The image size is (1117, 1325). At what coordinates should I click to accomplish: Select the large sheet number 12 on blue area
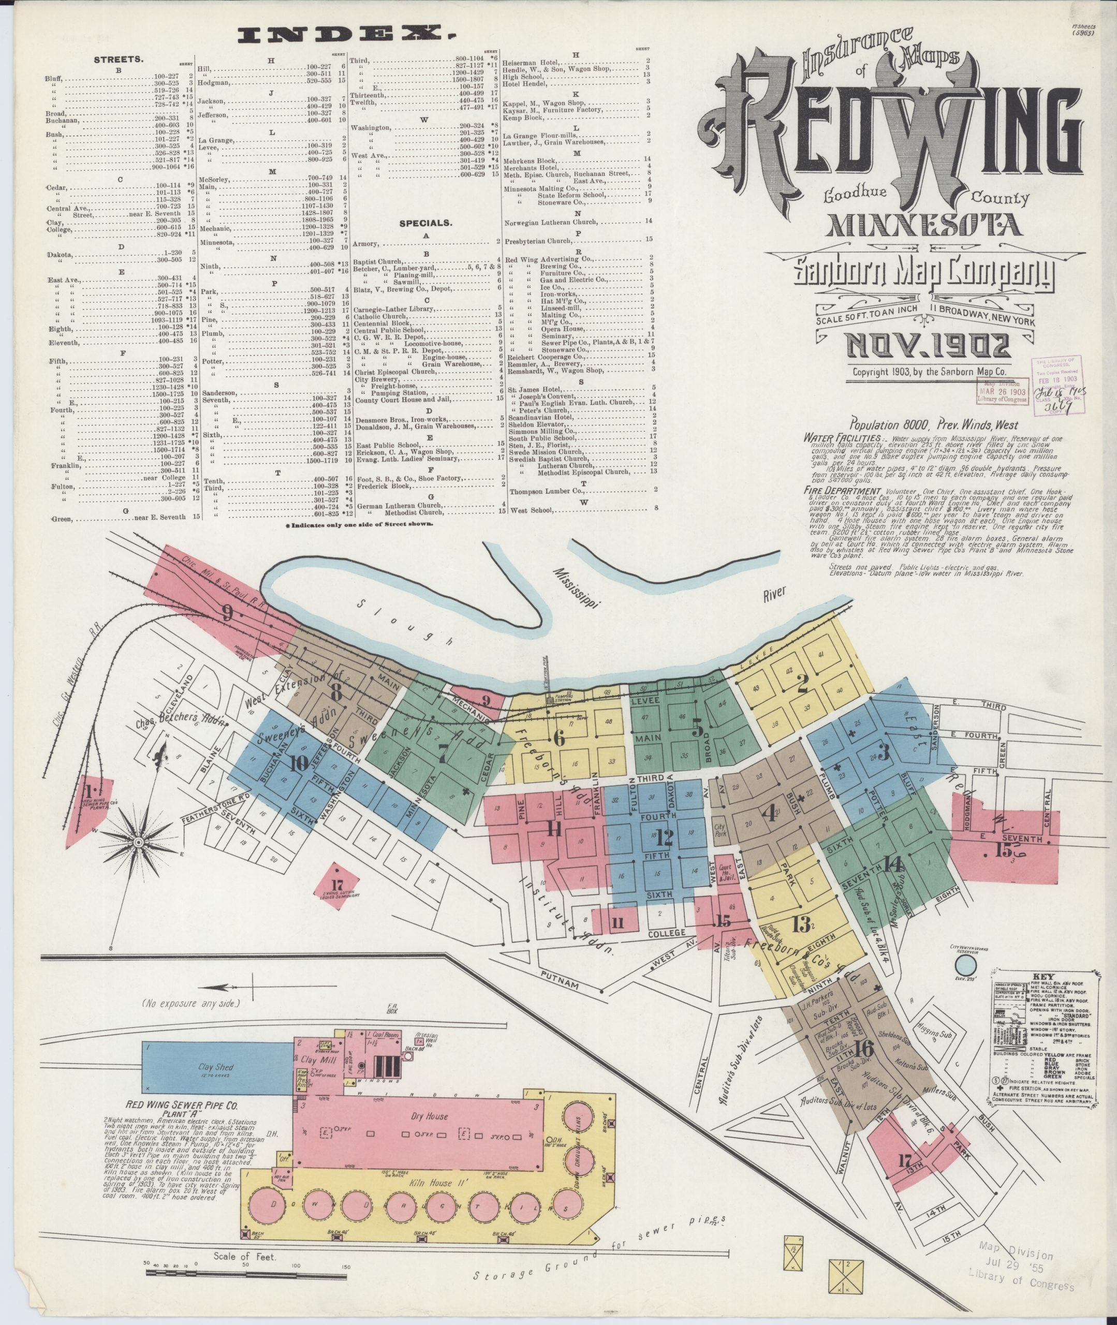coord(664,837)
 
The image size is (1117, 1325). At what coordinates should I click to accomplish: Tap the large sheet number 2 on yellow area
coord(803,684)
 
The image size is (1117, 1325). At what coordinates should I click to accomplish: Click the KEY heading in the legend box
coord(1043,976)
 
